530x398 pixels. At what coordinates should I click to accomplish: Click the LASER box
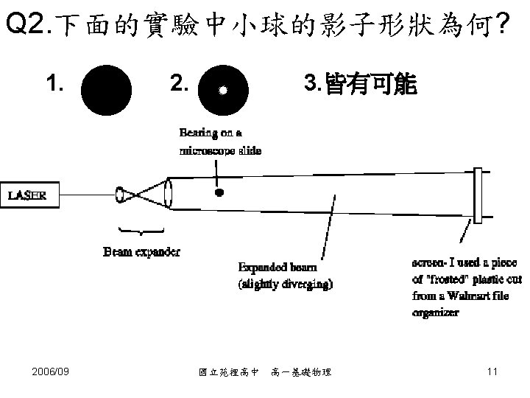[28, 195]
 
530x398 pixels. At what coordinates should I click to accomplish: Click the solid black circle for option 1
[106, 91]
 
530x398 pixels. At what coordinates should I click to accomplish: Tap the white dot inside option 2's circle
[223, 91]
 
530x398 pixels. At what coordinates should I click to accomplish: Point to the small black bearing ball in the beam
[219, 194]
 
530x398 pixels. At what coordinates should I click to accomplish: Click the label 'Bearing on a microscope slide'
[220, 142]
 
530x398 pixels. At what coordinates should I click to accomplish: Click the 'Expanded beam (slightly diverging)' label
[285, 274]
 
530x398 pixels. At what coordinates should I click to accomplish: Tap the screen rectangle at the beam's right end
[478, 195]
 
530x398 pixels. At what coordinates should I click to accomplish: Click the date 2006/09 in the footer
[52, 371]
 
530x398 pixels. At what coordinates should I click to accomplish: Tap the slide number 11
[492, 371]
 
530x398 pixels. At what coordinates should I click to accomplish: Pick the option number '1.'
[53, 85]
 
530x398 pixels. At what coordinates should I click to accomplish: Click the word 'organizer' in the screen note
[435, 313]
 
